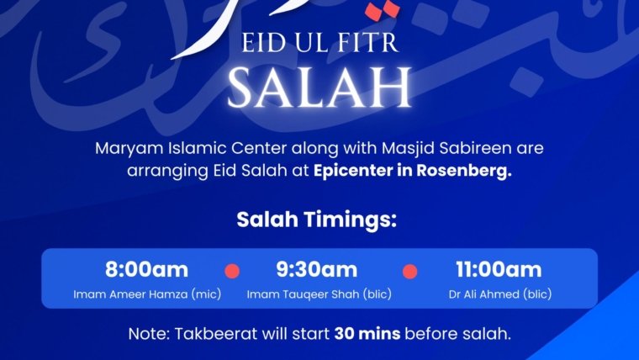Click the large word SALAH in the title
(x=319, y=86)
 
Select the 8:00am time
(x=146, y=270)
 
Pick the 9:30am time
(x=317, y=270)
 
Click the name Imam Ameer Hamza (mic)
(x=146, y=294)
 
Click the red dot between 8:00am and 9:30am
(x=233, y=272)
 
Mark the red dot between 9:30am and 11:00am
(x=409, y=272)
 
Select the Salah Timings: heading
(x=316, y=220)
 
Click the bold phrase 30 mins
(x=367, y=334)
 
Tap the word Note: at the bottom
(x=149, y=334)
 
